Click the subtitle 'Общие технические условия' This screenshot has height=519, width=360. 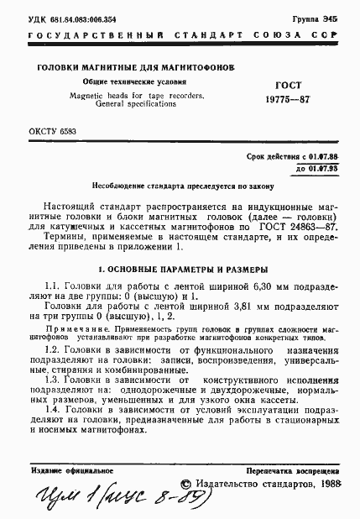125,81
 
